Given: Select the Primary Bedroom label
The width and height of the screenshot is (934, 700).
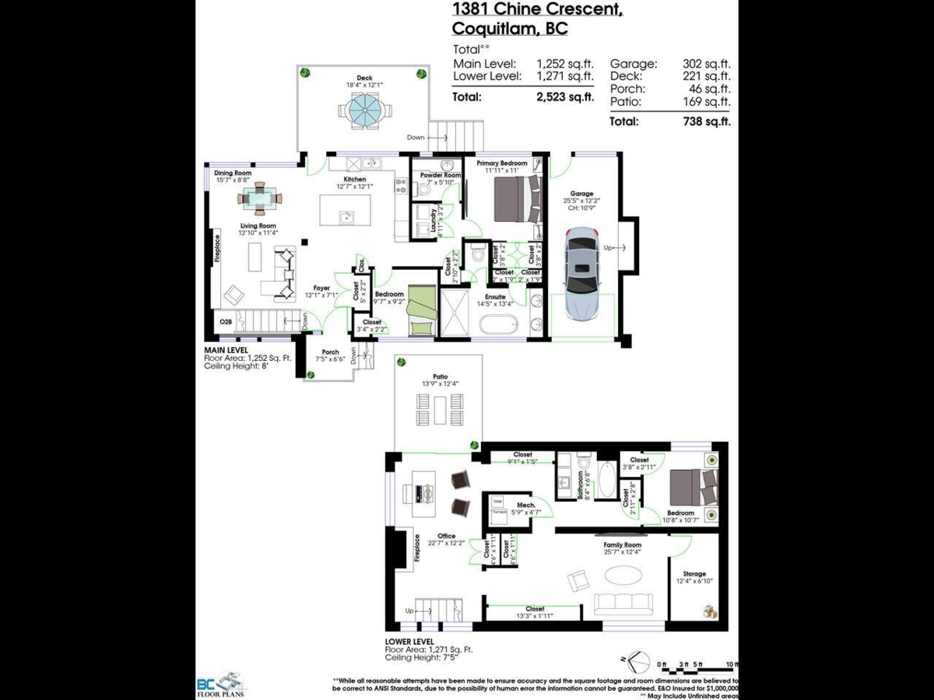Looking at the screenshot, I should tap(501, 163).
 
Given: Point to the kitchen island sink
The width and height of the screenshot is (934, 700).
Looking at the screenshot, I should tap(347, 218).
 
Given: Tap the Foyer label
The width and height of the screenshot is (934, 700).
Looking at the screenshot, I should tap(321, 288).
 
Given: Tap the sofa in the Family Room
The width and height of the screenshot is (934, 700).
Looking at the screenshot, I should tap(623, 604).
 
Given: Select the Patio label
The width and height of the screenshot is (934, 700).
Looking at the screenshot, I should tap(440, 376).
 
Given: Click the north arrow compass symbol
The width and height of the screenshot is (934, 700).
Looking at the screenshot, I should tap(638, 661).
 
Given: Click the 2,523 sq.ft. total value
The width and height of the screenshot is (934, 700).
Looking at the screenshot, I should tap(564, 97).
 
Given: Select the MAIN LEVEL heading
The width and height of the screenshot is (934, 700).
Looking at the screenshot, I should tap(227, 350).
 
